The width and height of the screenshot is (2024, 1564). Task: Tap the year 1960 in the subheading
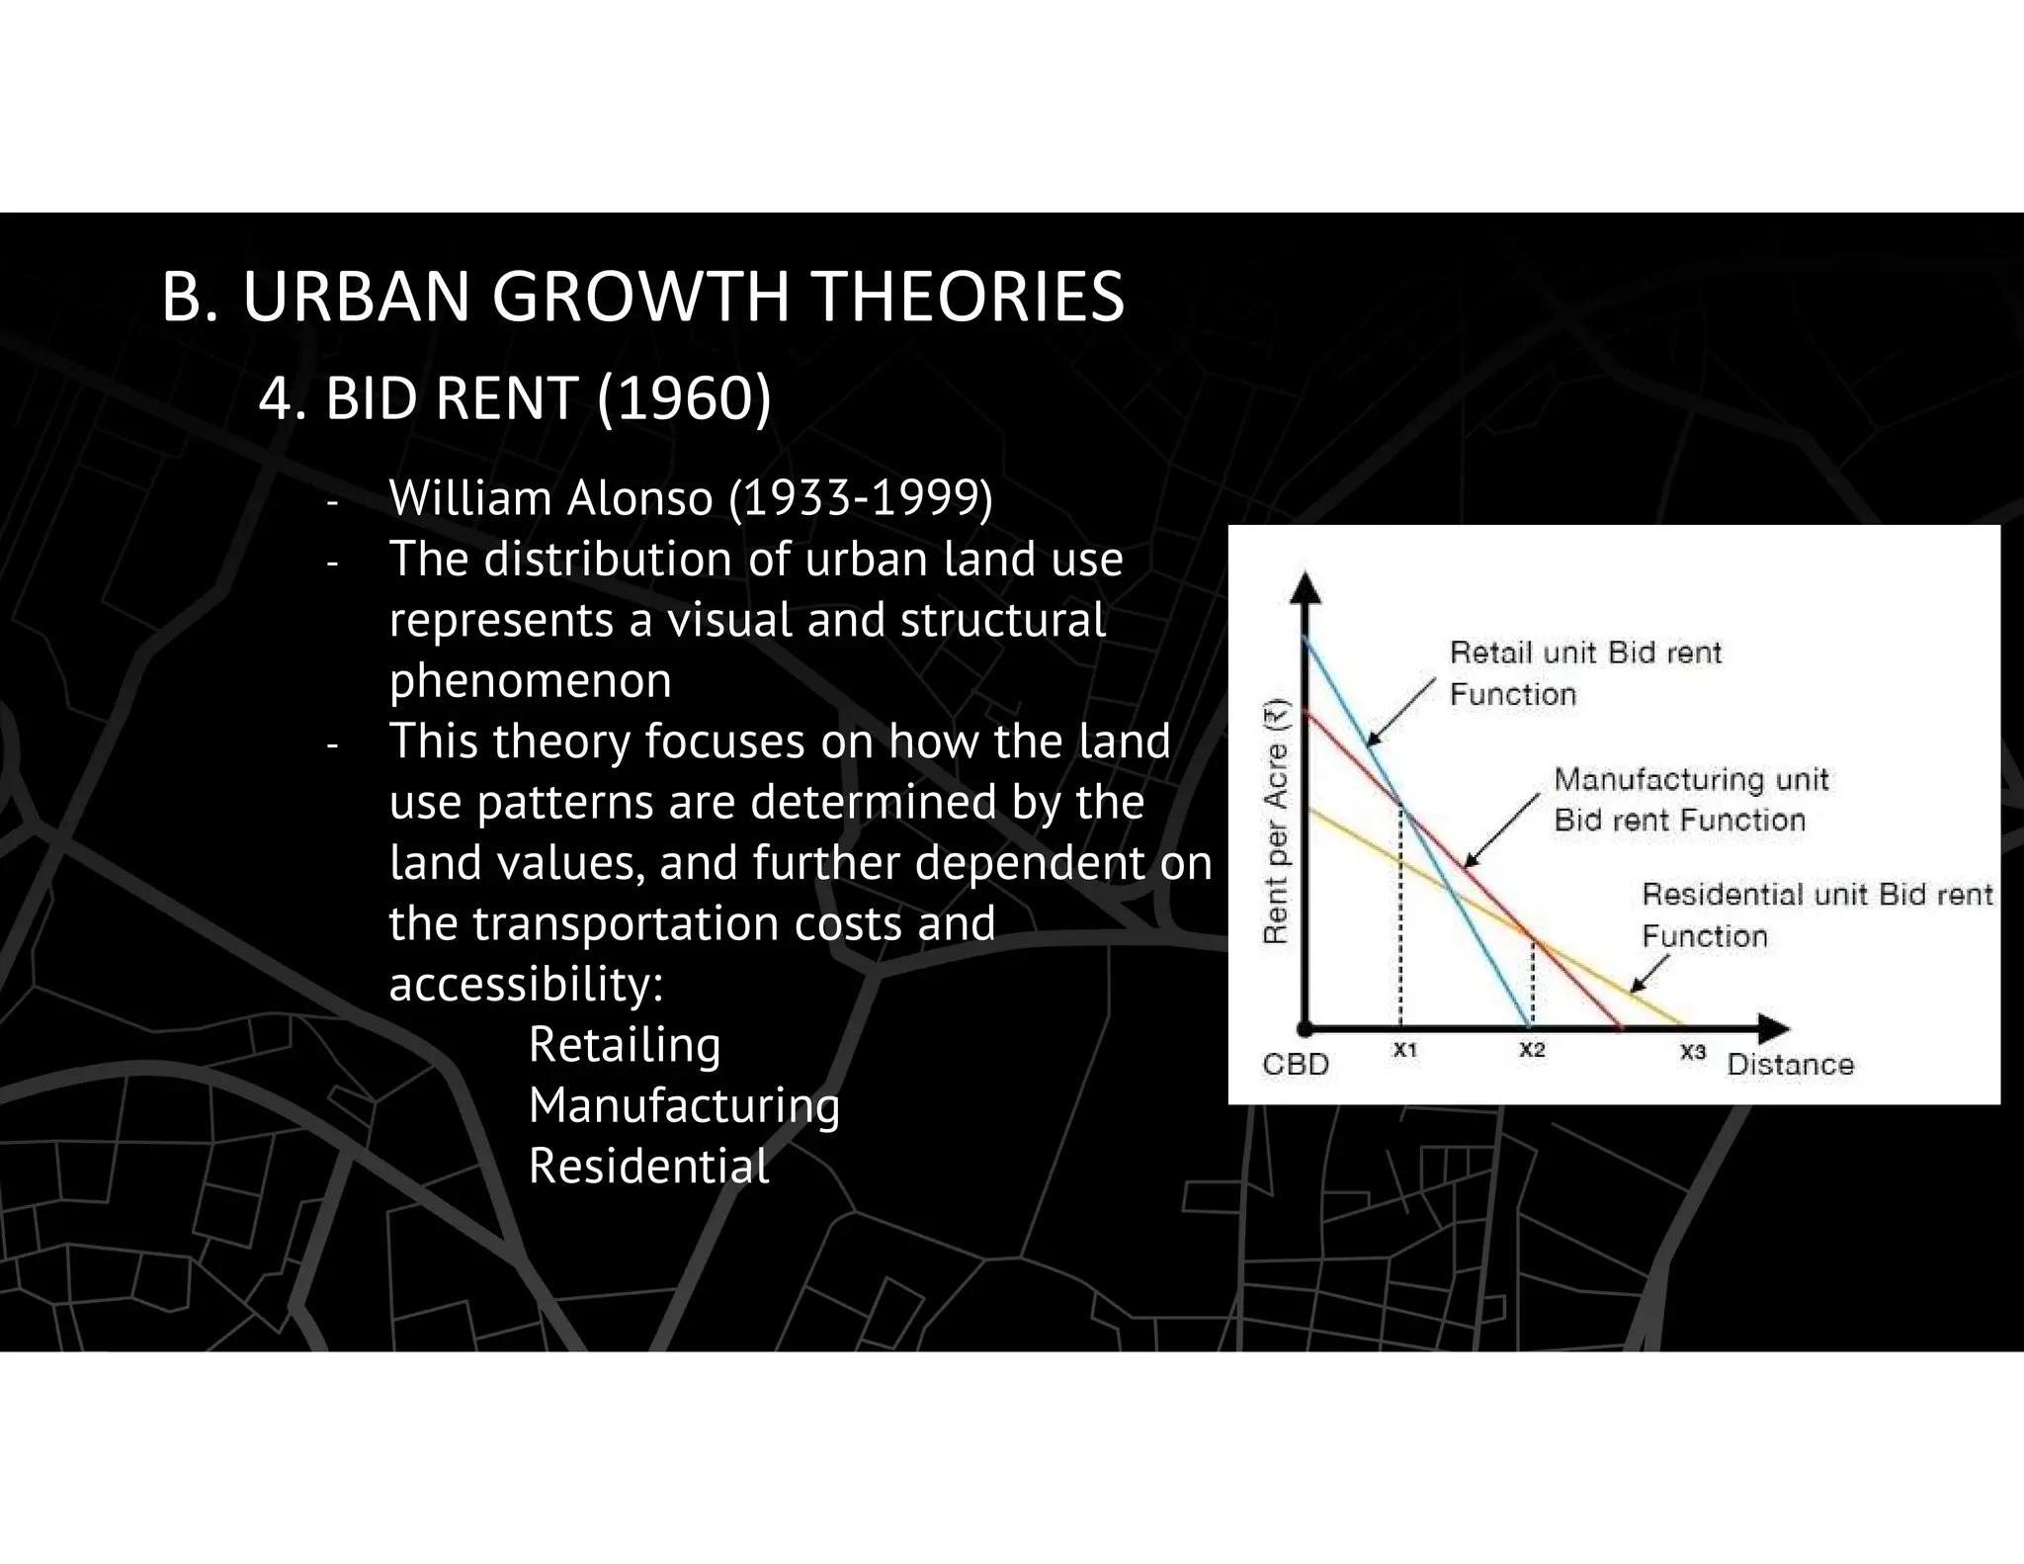click(684, 399)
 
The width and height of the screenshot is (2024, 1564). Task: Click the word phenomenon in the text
click(530, 680)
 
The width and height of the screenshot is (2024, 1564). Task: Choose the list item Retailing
click(625, 1045)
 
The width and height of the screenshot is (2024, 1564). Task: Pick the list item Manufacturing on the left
click(684, 1105)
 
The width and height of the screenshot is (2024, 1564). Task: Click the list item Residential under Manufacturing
click(648, 1167)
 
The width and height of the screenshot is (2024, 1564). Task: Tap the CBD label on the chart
click(1296, 1065)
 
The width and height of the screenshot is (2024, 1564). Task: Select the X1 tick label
click(1404, 1051)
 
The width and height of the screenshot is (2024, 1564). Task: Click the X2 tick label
click(1531, 1051)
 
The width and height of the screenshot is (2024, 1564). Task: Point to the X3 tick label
click(1693, 1053)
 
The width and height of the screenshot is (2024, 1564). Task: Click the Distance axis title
click(1790, 1065)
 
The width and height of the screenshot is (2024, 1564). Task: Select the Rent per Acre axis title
click(1277, 821)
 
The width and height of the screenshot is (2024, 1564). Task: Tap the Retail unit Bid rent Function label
click(1584, 673)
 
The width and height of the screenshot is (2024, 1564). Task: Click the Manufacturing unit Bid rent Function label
click(1690, 800)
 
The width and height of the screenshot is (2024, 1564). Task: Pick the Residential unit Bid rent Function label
click(1816, 914)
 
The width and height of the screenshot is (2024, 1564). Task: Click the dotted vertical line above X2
click(1532, 984)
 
